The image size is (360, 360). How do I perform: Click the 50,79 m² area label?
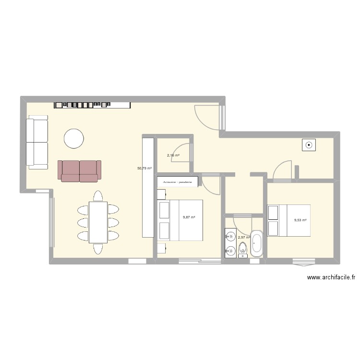(144, 168)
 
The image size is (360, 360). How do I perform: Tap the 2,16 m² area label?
(173, 156)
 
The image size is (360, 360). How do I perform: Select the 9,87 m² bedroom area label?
(189, 217)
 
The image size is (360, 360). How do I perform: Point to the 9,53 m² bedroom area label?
(300, 220)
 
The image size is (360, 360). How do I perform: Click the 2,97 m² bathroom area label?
(244, 237)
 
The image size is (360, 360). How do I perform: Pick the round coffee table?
(74, 138)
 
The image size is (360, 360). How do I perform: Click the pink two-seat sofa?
(80, 171)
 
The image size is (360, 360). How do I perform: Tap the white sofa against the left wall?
(37, 143)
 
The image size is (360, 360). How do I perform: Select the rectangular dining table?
(98, 222)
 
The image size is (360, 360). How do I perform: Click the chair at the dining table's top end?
(98, 196)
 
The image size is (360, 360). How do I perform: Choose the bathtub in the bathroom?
(257, 244)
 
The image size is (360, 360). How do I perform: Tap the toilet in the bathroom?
(243, 249)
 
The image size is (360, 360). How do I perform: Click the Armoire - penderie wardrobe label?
(178, 182)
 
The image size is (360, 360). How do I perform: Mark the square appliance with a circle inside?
(308, 144)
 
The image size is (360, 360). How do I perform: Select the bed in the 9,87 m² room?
(180, 220)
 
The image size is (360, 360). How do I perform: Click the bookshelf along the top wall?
(92, 104)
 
